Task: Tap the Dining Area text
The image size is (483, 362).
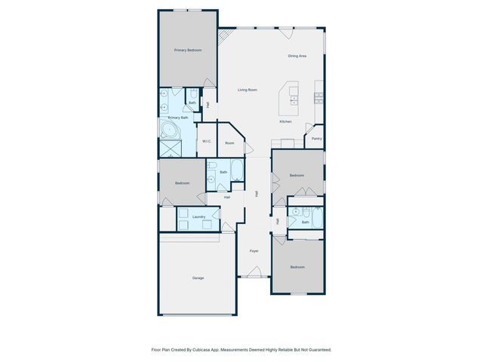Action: [297, 56]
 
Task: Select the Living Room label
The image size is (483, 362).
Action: [248, 90]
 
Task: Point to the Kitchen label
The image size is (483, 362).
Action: [285, 121]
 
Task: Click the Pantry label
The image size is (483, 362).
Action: [316, 138]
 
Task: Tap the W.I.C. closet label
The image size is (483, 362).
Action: [206, 143]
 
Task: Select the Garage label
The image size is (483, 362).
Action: [198, 278]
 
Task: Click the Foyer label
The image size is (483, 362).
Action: [254, 250]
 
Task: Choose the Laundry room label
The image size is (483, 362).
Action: [198, 216]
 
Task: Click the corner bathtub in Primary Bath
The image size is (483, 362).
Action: [169, 130]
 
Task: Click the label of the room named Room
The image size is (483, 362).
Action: [229, 143]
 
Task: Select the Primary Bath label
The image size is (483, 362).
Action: [178, 118]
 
